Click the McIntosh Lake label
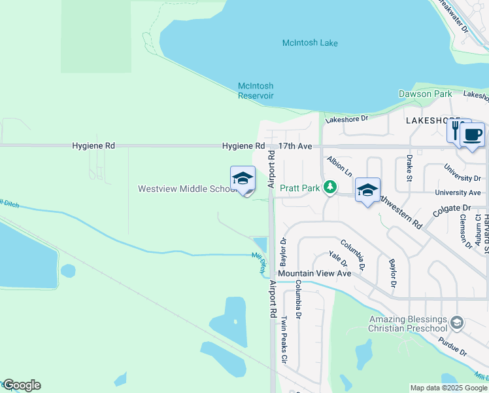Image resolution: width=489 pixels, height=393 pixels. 310,43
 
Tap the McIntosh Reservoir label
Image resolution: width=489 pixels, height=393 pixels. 255,90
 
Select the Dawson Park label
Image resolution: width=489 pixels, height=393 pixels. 425,94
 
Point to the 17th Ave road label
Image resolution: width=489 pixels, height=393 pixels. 295,146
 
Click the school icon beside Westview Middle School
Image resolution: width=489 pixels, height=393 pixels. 243,178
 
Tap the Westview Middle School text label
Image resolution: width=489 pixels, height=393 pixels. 187,189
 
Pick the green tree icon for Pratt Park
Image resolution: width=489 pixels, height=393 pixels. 331,188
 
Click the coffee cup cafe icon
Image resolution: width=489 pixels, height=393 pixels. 473,135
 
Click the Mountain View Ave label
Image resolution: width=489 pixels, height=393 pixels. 314,273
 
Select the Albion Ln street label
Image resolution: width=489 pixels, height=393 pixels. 340,166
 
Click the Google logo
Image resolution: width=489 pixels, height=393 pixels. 22,385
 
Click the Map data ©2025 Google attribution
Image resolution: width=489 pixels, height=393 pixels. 448,388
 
